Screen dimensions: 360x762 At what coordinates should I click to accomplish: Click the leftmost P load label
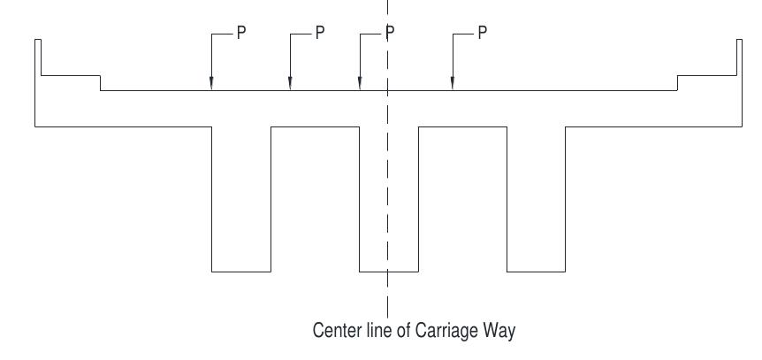pos(240,33)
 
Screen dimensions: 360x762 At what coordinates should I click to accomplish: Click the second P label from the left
pos(320,33)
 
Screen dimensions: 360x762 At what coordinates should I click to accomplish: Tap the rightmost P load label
pos(483,33)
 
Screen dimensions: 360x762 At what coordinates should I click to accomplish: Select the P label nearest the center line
pos(389,33)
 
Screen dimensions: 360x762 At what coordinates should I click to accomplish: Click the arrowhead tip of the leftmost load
pos(211,87)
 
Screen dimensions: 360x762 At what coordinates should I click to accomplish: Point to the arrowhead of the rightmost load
pos(453,87)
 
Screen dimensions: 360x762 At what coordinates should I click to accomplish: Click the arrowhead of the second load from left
pos(290,87)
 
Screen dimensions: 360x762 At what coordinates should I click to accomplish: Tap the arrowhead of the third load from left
pos(359,87)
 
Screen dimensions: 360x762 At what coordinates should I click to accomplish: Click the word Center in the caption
pos(335,332)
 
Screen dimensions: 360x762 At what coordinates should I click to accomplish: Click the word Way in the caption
pos(500,332)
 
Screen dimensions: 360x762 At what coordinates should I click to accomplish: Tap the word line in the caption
pos(375,332)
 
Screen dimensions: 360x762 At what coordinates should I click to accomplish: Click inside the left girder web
pos(240,199)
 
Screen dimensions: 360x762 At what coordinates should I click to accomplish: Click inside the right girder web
pos(536,199)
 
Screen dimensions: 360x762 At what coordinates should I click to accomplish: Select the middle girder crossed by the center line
pos(388,199)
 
